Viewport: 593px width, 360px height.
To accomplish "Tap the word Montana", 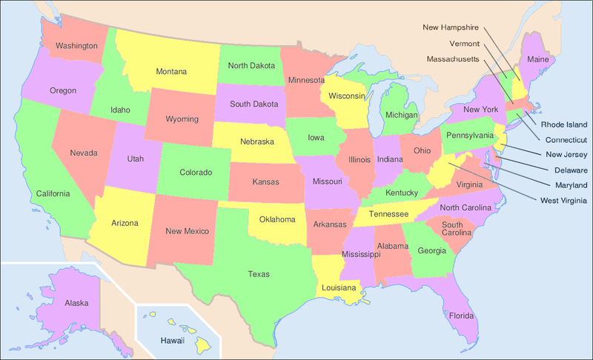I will click(170, 72).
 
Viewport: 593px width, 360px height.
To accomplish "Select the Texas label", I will click(259, 274).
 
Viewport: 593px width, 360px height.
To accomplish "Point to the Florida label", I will click(460, 316).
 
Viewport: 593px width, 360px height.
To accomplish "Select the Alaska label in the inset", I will click(76, 303).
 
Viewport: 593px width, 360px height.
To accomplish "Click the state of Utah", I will click(135, 159).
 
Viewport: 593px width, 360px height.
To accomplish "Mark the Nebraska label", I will click(257, 141).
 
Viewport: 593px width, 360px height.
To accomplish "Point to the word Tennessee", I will click(388, 214).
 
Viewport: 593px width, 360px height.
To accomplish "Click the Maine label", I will click(537, 58).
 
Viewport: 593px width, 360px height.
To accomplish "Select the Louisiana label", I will click(338, 287).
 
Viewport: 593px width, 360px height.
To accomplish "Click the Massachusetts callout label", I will click(453, 59).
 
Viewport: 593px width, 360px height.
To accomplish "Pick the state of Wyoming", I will click(181, 119).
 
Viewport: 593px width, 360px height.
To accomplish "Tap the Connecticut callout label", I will click(566, 139).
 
